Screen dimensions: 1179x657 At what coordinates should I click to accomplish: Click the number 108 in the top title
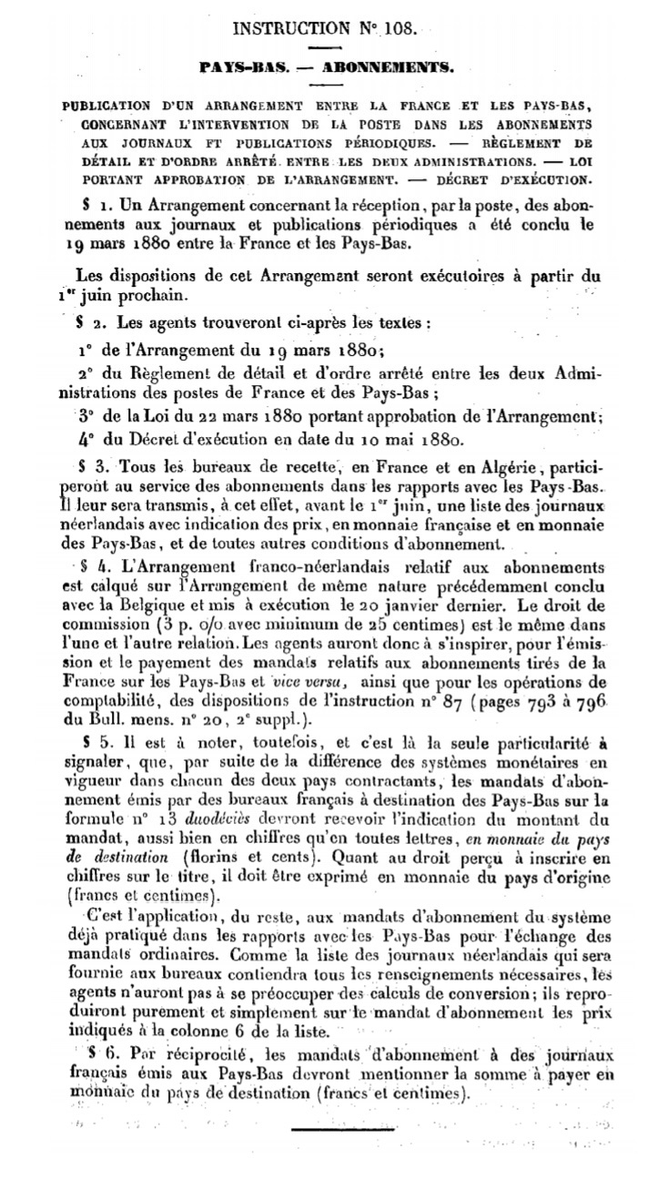(x=398, y=28)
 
